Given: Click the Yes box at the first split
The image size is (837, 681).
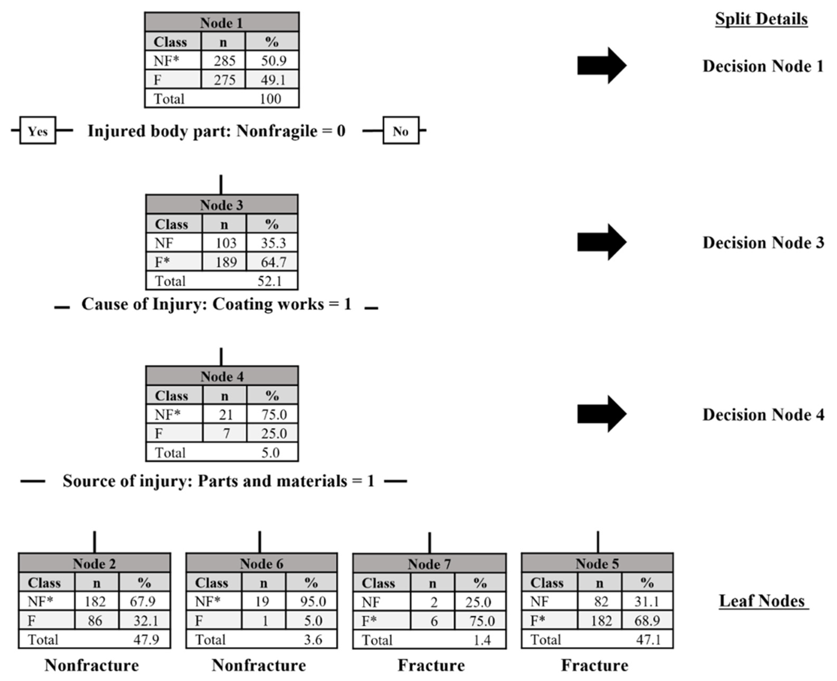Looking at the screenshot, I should click(38, 131).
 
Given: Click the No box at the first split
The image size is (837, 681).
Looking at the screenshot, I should click(401, 131).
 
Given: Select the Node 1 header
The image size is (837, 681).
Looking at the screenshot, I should click(221, 23).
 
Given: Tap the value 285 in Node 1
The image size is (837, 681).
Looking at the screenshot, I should click(224, 61).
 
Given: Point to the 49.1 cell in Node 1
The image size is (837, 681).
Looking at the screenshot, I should click(273, 80).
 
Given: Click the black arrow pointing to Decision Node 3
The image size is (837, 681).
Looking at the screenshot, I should click(601, 242).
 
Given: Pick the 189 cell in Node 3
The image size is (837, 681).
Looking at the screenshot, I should click(226, 262).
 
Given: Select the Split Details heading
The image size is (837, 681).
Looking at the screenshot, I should click(761, 19).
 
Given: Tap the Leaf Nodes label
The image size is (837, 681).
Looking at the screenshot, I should click(761, 601).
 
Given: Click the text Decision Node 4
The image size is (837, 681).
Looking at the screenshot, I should click(763, 415).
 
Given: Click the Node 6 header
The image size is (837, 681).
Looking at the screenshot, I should click(261, 564).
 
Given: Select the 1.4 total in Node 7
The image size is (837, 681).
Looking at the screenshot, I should click(482, 640).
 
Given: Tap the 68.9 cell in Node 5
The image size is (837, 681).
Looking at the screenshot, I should click(647, 620).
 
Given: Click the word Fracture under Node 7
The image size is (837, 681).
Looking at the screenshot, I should click(431, 665).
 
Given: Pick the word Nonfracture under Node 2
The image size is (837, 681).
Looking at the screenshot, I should click(92, 665).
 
